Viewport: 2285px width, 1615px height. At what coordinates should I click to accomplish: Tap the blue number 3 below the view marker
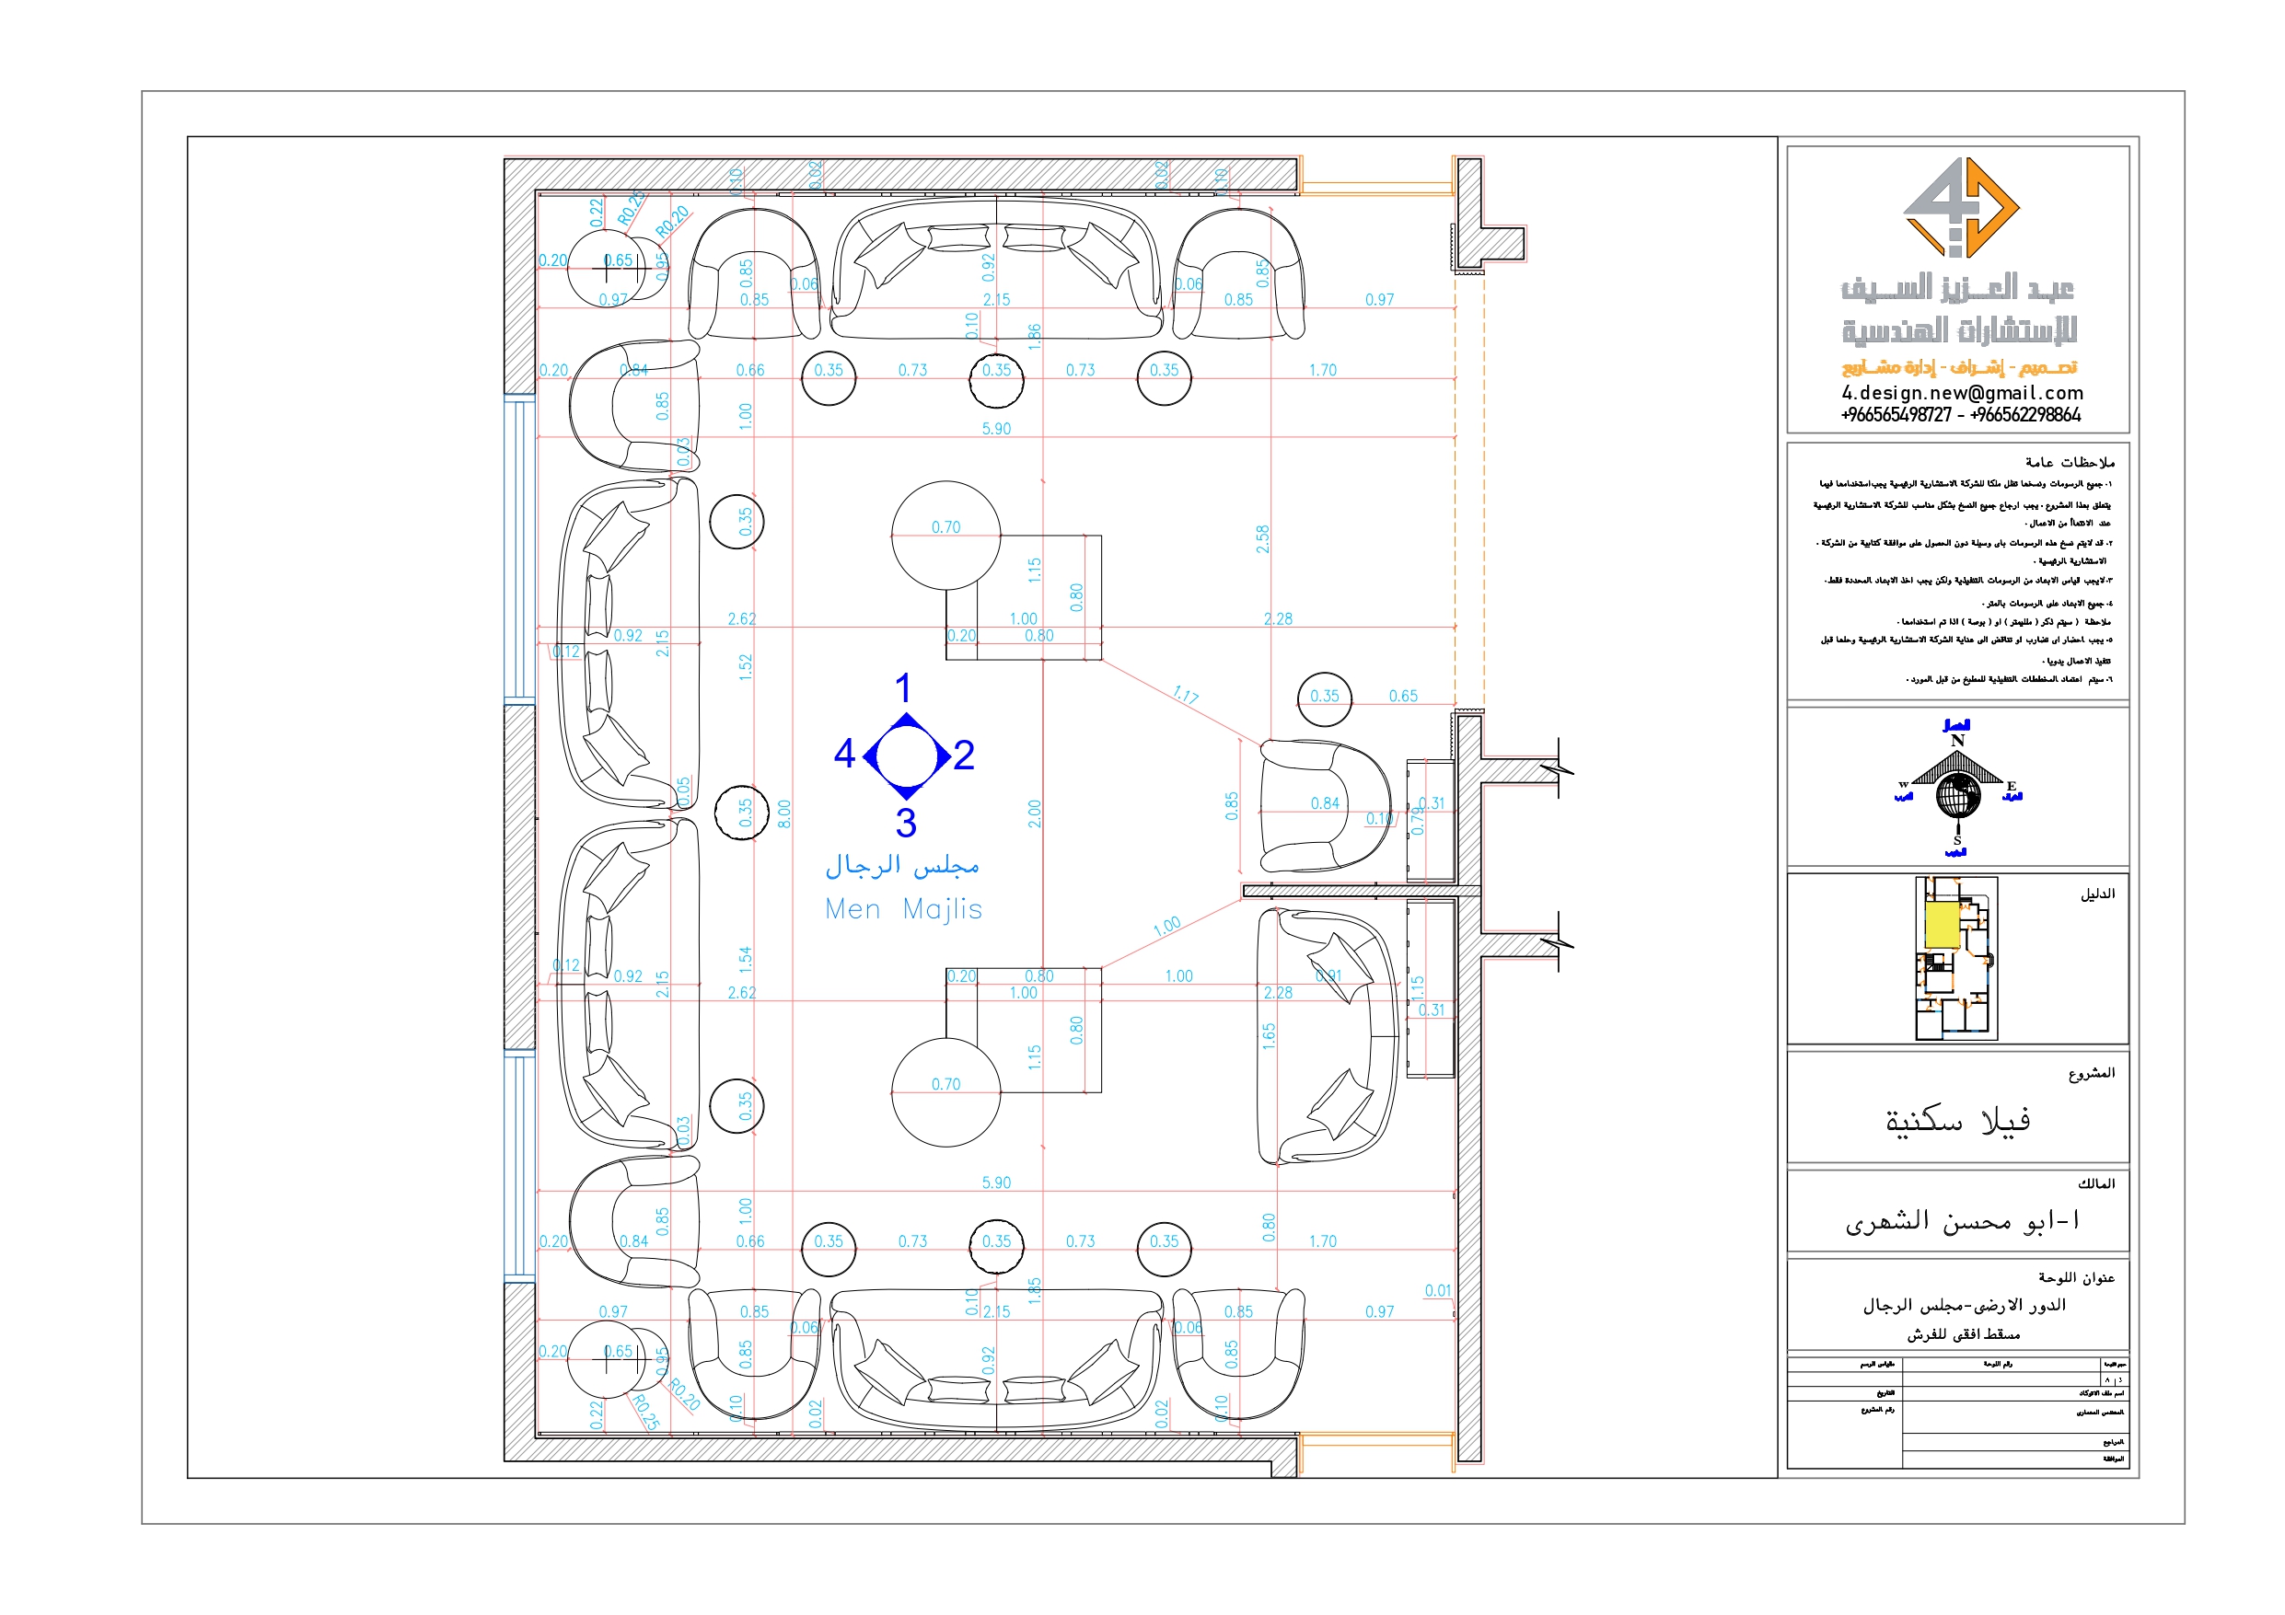pyautogui.click(x=905, y=823)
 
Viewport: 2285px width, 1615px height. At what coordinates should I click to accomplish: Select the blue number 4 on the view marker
pyautogui.click(x=844, y=754)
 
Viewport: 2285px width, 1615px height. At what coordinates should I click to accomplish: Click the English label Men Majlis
pyautogui.click(x=902, y=908)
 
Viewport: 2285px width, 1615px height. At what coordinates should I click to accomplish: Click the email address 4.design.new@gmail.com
pyautogui.click(x=1961, y=393)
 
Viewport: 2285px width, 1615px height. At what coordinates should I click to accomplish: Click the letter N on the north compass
pyautogui.click(x=1956, y=741)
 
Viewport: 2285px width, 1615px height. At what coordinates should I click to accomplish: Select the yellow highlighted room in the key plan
pyautogui.click(x=1941, y=925)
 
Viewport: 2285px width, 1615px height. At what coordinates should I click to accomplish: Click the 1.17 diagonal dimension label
pyautogui.click(x=1184, y=695)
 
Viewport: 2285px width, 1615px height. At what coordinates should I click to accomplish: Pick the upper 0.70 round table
pyautogui.click(x=945, y=536)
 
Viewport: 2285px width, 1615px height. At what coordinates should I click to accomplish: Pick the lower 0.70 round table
pyautogui.click(x=945, y=1092)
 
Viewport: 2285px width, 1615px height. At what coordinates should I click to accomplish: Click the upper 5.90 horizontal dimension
pyautogui.click(x=996, y=429)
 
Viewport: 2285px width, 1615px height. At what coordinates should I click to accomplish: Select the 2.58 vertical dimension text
pyautogui.click(x=1262, y=539)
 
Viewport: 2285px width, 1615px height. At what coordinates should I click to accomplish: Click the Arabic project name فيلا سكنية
pyautogui.click(x=1956, y=1121)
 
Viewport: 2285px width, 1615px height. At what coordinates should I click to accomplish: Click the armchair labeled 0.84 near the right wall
pyautogui.click(x=1324, y=806)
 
